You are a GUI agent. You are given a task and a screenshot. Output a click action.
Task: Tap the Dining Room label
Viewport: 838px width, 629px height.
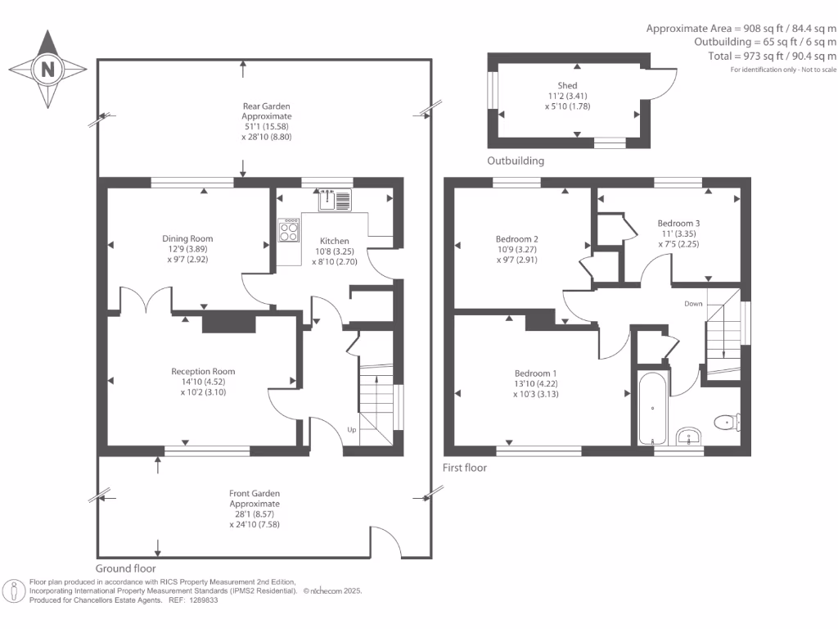pos(187,239)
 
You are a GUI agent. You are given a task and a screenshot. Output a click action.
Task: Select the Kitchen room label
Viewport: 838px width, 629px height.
pos(334,241)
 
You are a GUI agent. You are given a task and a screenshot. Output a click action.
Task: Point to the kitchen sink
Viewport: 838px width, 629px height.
pos(336,197)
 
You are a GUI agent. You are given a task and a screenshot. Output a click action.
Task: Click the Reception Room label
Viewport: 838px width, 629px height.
pos(202,371)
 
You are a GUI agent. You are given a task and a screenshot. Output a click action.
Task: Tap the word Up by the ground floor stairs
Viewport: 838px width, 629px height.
pos(352,429)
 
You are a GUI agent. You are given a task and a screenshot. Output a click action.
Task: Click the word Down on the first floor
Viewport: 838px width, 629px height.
pos(693,303)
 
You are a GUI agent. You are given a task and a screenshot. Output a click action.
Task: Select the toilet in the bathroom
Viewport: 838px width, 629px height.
pos(726,422)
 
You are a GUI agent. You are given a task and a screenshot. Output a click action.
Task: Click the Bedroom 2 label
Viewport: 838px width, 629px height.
pos(517,239)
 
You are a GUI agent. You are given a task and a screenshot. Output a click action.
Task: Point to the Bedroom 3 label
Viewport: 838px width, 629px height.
pos(678,223)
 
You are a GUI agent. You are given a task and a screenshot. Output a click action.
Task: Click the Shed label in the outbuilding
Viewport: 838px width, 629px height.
pos(567,85)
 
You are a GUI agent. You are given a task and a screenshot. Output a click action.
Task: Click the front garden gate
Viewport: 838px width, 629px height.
pos(385,541)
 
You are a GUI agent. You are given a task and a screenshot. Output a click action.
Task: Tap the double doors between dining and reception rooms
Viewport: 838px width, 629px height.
pos(146,300)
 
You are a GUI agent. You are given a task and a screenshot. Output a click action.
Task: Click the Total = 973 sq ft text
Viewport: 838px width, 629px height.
pos(772,56)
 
